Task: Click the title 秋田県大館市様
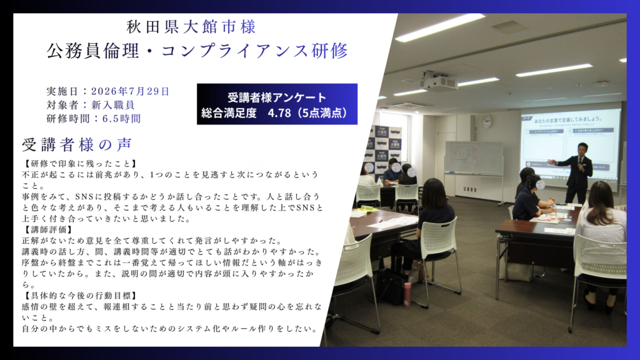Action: click(191, 27)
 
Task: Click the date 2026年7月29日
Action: click(130, 91)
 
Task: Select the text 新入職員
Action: click(113, 105)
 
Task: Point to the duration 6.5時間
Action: click(122, 119)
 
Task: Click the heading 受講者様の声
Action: click(77, 144)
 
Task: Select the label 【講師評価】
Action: click(47, 230)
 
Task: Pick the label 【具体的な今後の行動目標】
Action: click(81, 296)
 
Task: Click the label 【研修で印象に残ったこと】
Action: click(81, 164)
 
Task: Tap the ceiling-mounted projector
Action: click(439, 82)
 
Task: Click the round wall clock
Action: click(487, 121)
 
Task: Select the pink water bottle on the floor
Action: click(407, 294)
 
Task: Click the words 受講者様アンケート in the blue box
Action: click(277, 97)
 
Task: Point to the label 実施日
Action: click(62, 91)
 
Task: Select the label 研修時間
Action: click(68, 119)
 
